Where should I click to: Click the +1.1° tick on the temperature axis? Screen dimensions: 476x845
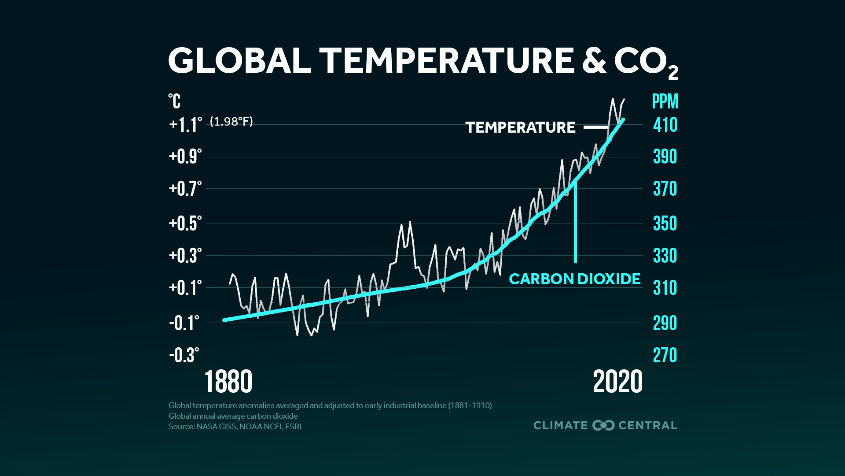click(x=185, y=125)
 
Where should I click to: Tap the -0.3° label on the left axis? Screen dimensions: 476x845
click(x=184, y=355)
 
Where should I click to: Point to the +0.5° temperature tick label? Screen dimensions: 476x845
click(x=185, y=223)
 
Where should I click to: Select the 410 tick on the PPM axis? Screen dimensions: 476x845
click(x=665, y=125)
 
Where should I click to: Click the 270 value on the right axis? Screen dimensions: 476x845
click(x=665, y=355)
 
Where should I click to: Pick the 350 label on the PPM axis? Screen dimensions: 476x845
click(x=665, y=223)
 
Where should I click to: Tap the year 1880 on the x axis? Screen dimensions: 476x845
click(x=228, y=382)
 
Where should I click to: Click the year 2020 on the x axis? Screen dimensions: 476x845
click(x=617, y=382)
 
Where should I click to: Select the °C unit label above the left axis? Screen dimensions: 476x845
click(x=174, y=101)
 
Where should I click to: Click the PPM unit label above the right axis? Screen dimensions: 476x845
click(x=665, y=101)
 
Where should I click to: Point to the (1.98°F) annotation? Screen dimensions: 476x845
click(x=231, y=122)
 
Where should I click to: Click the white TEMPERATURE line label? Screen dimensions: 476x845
click(x=520, y=127)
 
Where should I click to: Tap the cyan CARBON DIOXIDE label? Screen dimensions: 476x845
click(x=574, y=279)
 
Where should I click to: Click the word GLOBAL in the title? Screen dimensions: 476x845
click(x=239, y=60)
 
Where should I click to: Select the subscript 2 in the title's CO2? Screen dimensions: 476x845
click(x=673, y=73)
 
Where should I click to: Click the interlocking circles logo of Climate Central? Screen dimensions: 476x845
click(x=603, y=425)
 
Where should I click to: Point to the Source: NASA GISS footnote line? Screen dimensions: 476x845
click(x=236, y=427)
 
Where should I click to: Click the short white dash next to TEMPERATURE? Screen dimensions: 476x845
click(x=595, y=127)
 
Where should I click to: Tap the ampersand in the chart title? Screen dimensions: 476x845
click(x=594, y=60)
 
